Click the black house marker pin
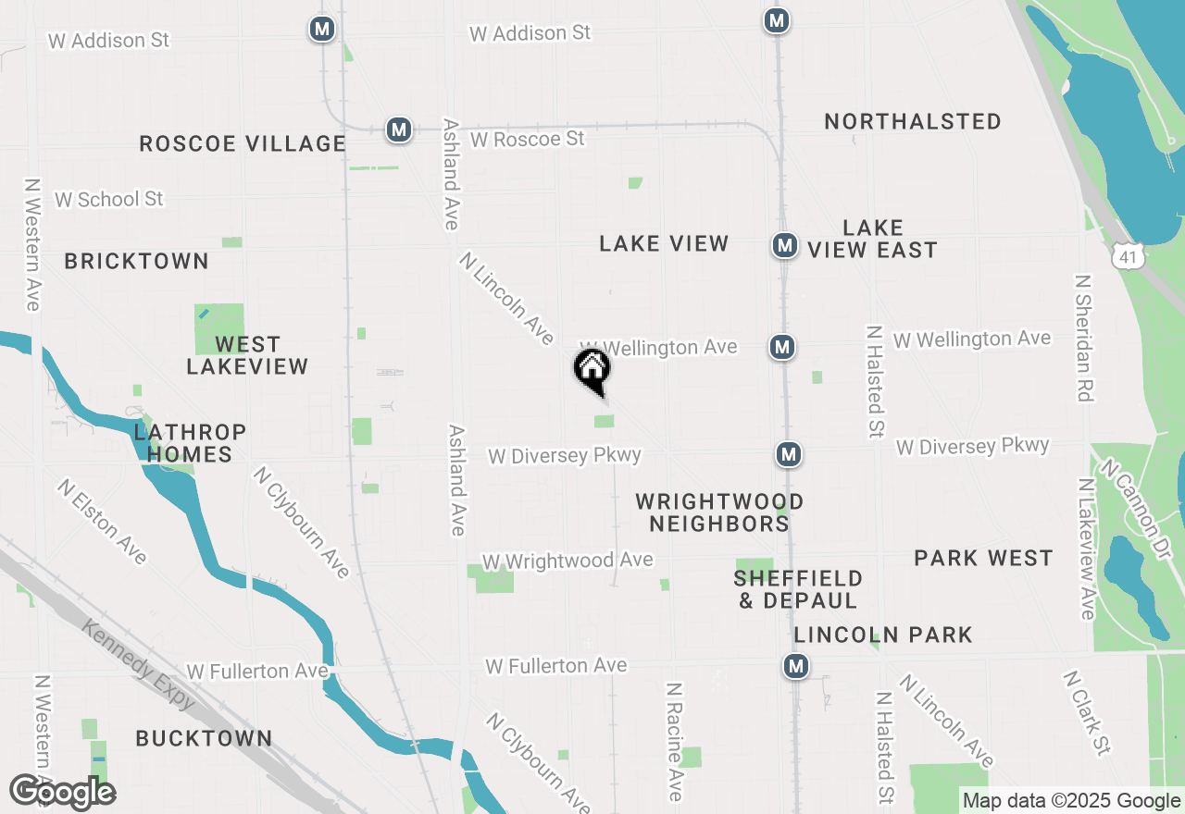tap(592, 371)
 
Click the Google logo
tap(62, 793)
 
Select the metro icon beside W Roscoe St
tap(399, 129)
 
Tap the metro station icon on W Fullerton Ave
tap(795, 666)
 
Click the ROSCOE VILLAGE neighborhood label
tap(243, 143)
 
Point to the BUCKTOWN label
tap(204, 738)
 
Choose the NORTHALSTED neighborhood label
tap(913, 121)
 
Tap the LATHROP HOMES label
tap(190, 443)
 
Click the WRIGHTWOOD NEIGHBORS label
tap(719, 512)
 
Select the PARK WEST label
tap(983, 558)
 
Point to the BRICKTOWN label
tap(136, 261)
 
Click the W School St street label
tap(108, 199)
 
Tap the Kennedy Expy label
tap(139, 664)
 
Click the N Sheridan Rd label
tap(1084, 337)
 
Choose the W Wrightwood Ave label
tap(568, 561)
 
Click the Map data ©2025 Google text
tap(1071, 801)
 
